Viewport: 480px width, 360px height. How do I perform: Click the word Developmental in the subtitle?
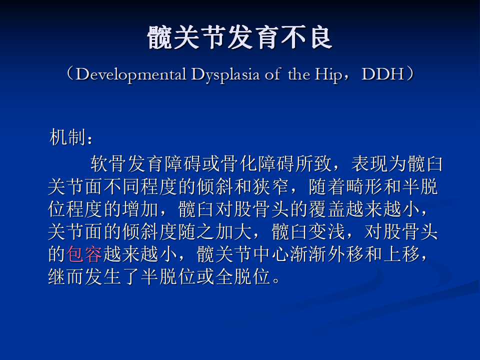130,74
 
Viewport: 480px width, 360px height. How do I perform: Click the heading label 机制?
67,137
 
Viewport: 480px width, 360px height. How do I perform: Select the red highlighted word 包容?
84,254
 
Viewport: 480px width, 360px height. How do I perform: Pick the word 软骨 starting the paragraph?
108,164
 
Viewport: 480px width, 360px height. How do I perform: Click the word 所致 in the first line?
314,164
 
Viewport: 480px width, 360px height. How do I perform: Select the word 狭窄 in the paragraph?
271,186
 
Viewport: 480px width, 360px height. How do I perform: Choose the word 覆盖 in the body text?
327,209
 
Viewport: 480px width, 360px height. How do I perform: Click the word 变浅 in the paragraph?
327,231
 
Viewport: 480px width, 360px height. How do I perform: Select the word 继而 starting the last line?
66,276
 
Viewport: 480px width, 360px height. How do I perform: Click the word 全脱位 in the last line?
243,276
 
